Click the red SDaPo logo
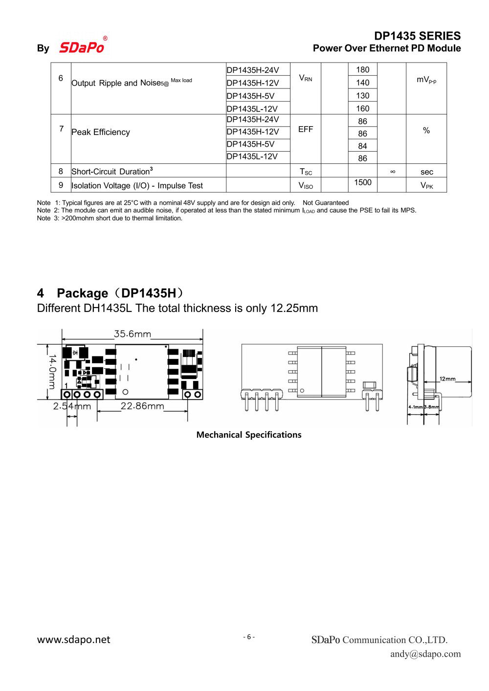(x=82, y=47)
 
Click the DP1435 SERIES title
(x=417, y=36)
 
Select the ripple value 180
(x=362, y=69)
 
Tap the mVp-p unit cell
(x=426, y=80)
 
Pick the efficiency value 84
(x=362, y=146)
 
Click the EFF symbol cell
(x=305, y=129)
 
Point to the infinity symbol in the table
(x=392, y=172)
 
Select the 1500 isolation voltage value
(x=362, y=182)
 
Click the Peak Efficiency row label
(x=101, y=132)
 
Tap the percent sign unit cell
(x=426, y=131)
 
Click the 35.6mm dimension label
(x=133, y=334)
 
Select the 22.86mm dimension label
(x=142, y=406)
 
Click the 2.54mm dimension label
(x=72, y=406)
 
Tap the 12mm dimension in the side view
(x=447, y=379)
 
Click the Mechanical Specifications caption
(x=248, y=435)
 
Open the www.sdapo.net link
(x=74, y=640)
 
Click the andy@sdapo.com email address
(x=425, y=654)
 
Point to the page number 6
(x=248, y=637)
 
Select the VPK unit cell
(x=426, y=185)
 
